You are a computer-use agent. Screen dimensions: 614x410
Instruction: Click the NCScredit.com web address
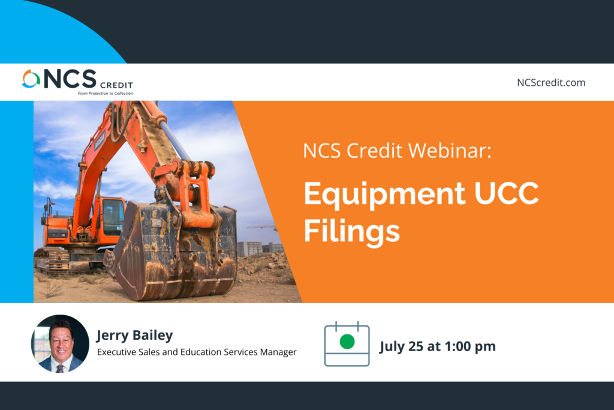(x=551, y=83)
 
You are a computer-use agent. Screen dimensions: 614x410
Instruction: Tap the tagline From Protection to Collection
(x=106, y=93)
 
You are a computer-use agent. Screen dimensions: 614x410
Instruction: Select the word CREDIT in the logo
(x=117, y=85)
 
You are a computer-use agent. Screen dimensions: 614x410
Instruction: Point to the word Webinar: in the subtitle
(x=450, y=151)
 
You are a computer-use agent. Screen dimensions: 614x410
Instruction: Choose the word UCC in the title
(x=507, y=193)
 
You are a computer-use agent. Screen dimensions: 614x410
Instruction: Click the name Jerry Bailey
(x=135, y=336)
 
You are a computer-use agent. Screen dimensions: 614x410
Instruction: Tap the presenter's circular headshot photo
(x=60, y=343)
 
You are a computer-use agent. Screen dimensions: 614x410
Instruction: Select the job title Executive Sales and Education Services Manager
(x=197, y=352)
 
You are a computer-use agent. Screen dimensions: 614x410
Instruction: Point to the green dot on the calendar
(x=347, y=342)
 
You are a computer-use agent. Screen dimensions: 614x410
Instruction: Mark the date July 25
(x=401, y=347)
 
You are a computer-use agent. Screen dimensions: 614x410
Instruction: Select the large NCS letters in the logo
(x=70, y=79)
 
